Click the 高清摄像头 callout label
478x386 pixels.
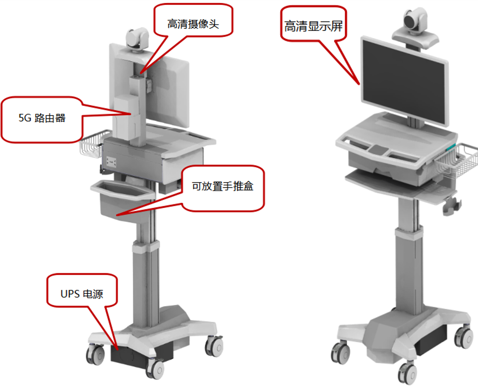[193, 24]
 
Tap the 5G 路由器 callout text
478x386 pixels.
[42, 118]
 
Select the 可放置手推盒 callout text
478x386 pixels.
[223, 186]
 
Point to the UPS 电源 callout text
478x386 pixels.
[82, 294]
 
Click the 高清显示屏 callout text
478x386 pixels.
[313, 26]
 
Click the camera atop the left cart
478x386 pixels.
[137, 39]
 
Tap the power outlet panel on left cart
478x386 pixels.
[111, 161]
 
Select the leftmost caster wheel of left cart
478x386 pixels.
[95, 354]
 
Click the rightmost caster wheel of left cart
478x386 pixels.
[214, 346]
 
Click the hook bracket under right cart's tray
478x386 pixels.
[452, 206]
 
